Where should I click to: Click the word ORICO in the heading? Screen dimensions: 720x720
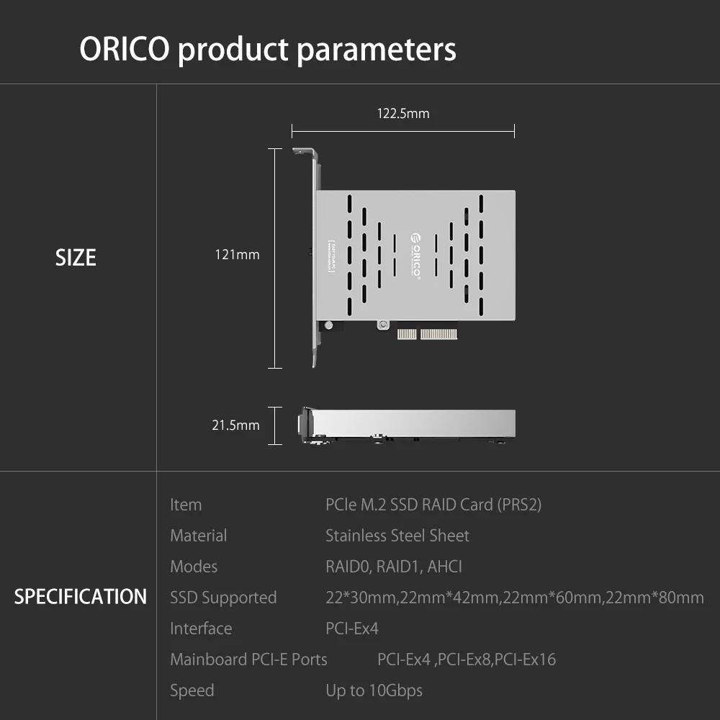click(x=124, y=50)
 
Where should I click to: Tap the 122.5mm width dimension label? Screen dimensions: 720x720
click(x=403, y=113)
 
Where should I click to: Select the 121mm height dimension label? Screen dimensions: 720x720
click(x=237, y=254)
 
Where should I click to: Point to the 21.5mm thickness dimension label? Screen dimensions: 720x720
click(x=235, y=425)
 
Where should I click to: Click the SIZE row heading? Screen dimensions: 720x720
click(x=76, y=258)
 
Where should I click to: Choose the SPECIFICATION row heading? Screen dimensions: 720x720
click(x=80, y=597)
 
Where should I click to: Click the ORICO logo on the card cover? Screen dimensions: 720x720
click(x=415, y=256)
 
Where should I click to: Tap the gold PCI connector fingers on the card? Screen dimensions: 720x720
click(x=429, y=334)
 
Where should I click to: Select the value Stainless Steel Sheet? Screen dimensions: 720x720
click(x=397, y=536)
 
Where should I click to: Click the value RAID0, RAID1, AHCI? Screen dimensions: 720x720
click(x=394, y=567)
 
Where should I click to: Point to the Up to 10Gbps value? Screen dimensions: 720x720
click(x=374, y=690)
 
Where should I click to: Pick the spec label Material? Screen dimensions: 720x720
click(x=198, y=536)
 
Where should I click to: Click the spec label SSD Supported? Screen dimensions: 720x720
click(x=223, y=598)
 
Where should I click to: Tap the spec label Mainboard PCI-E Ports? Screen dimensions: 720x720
click(x=248, y=660)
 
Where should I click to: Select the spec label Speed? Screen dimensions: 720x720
click(x=192, y=690)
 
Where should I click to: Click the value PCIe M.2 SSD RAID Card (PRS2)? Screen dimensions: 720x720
click(x=433, y=505)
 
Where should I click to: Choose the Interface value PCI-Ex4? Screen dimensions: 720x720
click(x=352, y=629)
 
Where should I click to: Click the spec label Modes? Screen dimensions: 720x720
click(x=194, y=567)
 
